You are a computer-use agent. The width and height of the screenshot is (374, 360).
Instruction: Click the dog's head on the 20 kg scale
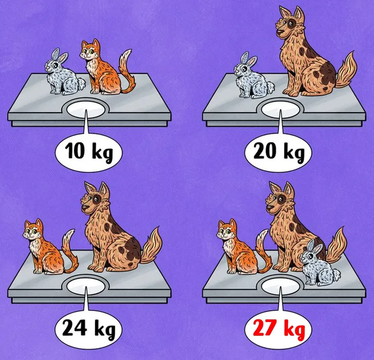[290, 23]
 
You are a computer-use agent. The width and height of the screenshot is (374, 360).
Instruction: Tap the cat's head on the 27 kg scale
[227, 230]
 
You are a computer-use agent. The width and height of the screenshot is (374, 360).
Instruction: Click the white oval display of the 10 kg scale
[85, 110]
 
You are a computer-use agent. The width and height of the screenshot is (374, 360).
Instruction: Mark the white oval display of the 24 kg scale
[85, 286]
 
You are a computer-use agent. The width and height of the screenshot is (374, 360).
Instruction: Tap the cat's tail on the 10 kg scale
[127, 71]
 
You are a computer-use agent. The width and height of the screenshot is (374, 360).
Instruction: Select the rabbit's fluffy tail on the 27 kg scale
[337, 274]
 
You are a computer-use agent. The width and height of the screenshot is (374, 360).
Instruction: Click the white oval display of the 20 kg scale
[280, 110]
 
